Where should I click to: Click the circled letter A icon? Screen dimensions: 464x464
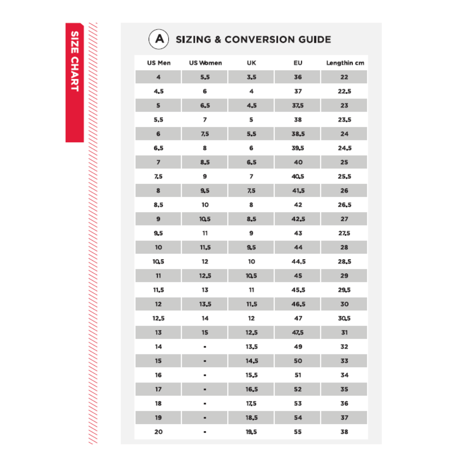click(x=159, y=39)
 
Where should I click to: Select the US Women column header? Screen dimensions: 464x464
click(x=205, y=63)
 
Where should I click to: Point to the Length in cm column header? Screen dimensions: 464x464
click(x=345, y=63)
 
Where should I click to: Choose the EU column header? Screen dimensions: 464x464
click(x=298, y=63)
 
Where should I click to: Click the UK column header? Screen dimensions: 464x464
click(x=251, y=63)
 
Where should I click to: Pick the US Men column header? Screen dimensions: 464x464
click(x=159, y=63)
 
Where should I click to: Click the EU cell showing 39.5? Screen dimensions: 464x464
click(x=298, y=148)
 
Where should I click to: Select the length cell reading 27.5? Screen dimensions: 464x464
click(x=344, y=233)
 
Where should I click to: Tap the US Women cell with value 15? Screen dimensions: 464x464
click(x=205, y=333)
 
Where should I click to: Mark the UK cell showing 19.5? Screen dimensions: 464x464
click(x=251, y=432)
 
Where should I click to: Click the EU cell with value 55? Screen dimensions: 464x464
click(x=298, y=432)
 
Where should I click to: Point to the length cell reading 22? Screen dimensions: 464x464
click(x=344, y=77)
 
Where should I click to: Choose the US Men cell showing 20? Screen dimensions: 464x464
click(x=159, y=432)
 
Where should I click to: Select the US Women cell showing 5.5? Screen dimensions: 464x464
click(x=205, y=77)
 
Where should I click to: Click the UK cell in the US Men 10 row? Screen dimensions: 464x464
click(x=251, y=247)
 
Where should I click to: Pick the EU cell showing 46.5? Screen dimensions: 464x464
click(x=298, y=304)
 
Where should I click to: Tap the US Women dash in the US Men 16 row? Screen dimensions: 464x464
click(x=205, y=375)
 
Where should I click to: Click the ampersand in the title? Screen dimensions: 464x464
click(x=218, y=40)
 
